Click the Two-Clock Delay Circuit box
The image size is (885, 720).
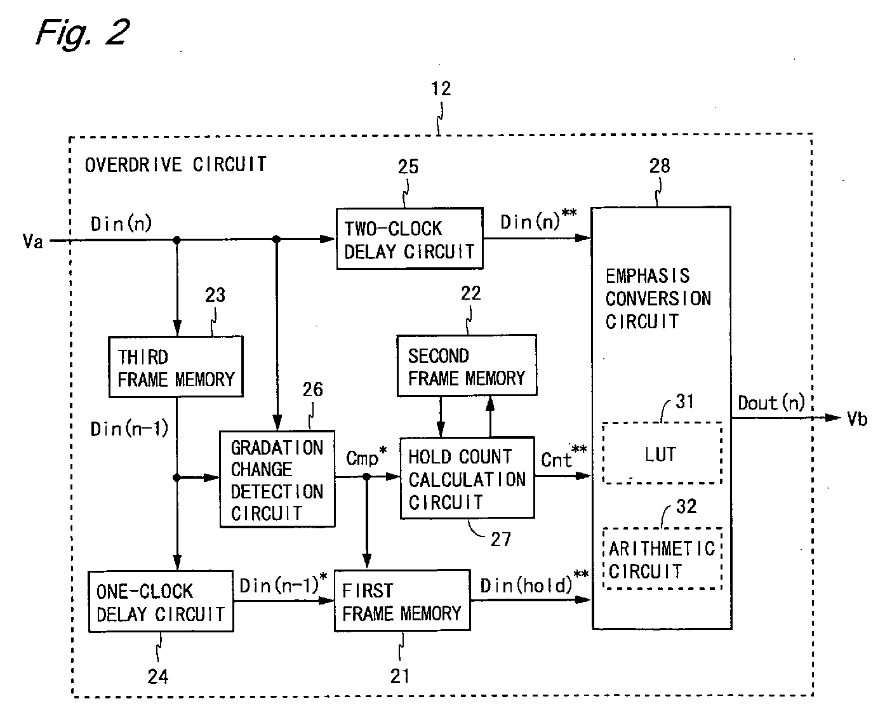[409, 239]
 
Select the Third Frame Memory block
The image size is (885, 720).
[176, 366]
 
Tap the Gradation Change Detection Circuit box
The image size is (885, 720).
[277, 479]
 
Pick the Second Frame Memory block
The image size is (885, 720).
[467, 365]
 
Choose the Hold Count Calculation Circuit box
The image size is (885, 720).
[467, 477]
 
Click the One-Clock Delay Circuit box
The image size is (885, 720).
[161, 602]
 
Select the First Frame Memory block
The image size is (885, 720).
[403, 601]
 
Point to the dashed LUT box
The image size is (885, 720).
[662, 453]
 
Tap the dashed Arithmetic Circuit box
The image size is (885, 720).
[662, 558]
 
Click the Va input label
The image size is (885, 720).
[33, 241]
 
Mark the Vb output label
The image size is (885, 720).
[857, 419]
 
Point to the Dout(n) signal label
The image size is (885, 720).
[771, 403]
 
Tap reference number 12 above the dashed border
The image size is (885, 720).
[441, 88]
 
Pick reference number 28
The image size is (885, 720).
[660, 166]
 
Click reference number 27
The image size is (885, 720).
[501, 539]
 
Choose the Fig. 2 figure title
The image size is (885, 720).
[83, 33]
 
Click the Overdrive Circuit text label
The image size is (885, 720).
[175, 164]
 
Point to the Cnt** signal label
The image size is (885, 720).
[563, 457]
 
